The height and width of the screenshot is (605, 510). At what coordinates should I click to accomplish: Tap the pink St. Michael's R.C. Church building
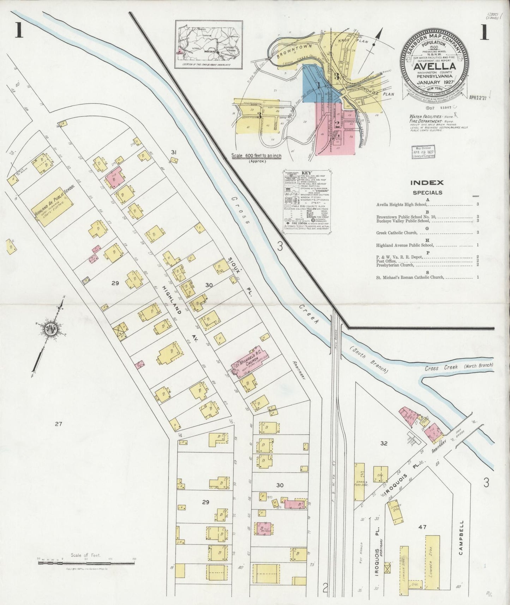tap(248, 364)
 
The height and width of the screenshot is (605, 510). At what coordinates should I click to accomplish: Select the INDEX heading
tap(427, 182)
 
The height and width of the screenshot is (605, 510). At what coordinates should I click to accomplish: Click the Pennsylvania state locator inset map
tap(209, 45)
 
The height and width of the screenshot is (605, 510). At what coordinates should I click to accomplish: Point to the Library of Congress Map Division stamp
tap(423, 152)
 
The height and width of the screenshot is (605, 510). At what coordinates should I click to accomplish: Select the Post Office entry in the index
tap(386, 261)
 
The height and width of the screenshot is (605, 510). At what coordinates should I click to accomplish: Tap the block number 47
tap(422, 527)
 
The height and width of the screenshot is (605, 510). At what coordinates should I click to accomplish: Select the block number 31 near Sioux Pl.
tap(173, 152)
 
